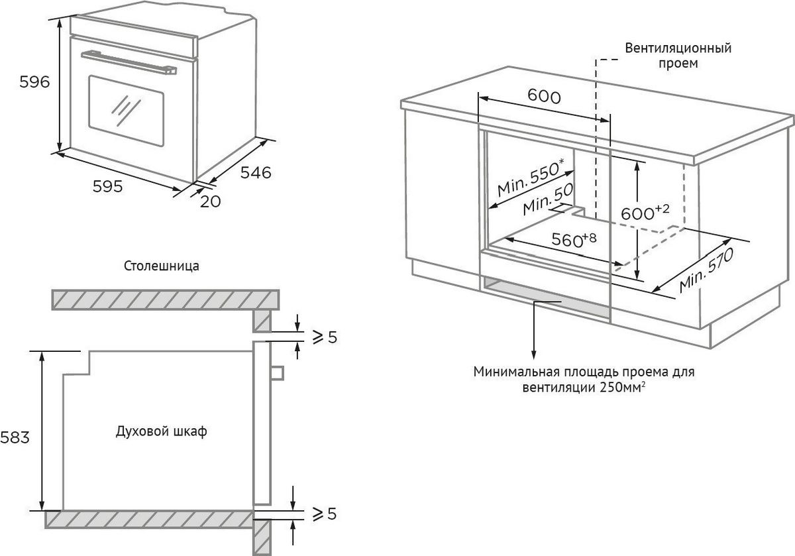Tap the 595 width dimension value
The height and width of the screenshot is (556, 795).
(x=107, y=187)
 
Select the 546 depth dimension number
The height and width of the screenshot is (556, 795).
(x=256, y=172)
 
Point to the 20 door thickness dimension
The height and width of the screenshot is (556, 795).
(x=209, y=201)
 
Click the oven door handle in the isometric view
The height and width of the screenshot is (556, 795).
(x=129, y=60)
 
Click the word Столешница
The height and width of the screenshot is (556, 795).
(x=162, y=266)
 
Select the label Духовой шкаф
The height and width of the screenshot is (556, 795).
(x=161, y=431)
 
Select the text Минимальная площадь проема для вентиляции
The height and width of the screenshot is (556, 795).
(x=584, y=380)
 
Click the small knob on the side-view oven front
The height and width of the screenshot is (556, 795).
(x=277, y=373)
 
